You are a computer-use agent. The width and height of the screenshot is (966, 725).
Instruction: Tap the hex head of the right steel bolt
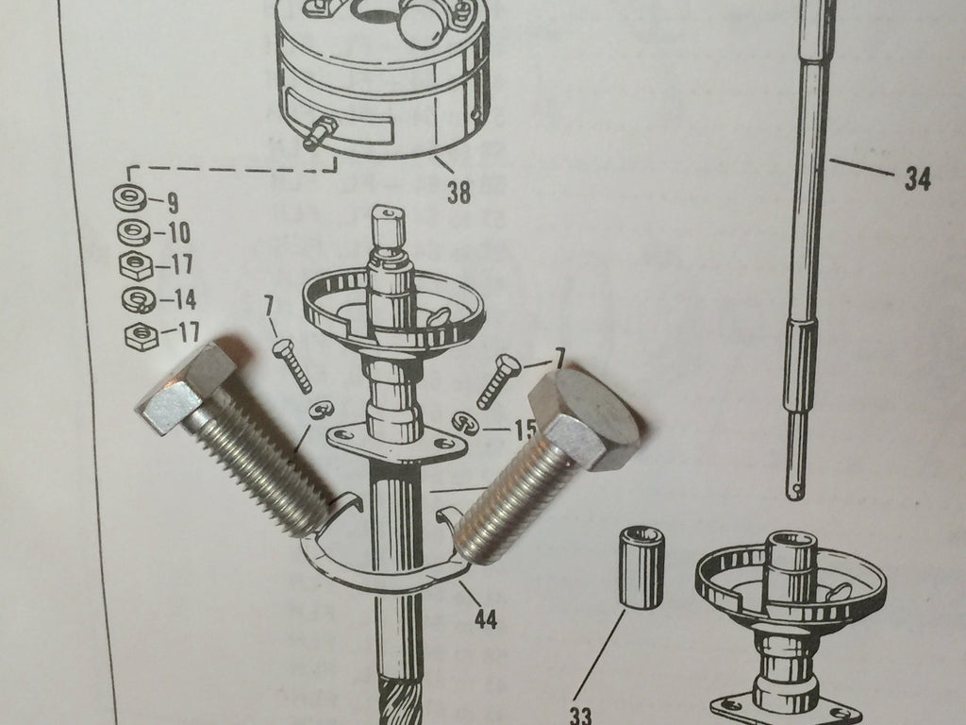(x=582, y=419)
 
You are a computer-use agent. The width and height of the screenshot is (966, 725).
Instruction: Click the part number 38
(x=459, y=193)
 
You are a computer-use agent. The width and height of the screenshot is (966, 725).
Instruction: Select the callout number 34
(x=917, y=179)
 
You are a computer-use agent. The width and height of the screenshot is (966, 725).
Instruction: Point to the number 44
(x=486, y=618)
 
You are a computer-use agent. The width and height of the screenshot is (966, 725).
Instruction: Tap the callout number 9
(x=173, y=202)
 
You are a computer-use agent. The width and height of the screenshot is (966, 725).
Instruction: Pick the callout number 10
(x=178, y=233)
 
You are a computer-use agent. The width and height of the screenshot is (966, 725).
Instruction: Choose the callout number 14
(x=184, y=299)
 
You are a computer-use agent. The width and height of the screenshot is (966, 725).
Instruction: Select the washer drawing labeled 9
(x=130, y=197)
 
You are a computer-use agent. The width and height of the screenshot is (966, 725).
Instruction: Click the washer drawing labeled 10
(x=134, y=232)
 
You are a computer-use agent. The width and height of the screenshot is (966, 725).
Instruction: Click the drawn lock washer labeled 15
(x=466, y=423)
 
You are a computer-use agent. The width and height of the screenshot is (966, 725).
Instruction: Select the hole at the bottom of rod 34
(x=798, y=490)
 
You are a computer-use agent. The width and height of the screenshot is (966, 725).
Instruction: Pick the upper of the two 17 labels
(x=180, y=264)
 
